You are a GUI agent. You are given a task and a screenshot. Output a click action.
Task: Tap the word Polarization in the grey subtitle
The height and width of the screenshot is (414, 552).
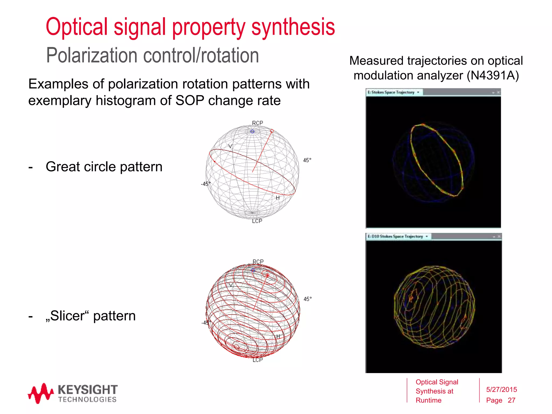[92, 56]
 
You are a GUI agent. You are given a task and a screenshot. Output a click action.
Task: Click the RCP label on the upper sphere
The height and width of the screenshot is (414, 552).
[257, 123]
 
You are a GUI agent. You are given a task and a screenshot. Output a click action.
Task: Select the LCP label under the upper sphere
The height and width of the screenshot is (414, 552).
[257, 221]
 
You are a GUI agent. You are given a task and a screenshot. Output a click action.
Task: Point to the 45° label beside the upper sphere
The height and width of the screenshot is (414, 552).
[307, 160]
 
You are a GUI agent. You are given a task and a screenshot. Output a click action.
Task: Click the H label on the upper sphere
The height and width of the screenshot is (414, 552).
[278, 198]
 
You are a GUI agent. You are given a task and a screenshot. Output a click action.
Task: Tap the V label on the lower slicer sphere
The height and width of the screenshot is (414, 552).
[231, 285]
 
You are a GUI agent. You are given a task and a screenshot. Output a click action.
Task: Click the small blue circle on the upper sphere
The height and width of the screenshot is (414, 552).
[252, 132]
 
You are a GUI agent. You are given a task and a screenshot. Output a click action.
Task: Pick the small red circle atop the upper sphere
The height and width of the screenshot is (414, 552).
[272, 131]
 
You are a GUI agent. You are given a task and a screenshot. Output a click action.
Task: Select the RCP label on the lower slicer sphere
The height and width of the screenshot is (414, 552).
[258, 262]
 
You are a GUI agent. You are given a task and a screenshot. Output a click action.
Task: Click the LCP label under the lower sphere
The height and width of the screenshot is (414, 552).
[257, 360]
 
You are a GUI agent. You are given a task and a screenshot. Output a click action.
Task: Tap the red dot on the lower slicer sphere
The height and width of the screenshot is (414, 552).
[267, 275]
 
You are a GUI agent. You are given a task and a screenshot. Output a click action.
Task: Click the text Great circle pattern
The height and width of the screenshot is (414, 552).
[104, 167]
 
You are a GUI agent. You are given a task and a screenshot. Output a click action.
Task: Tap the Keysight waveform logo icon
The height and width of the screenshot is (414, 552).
[40, 393]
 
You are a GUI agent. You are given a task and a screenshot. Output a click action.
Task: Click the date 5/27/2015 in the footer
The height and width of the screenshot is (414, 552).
[501, 389]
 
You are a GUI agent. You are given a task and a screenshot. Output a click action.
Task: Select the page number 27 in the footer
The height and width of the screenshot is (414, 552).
[511, 400]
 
